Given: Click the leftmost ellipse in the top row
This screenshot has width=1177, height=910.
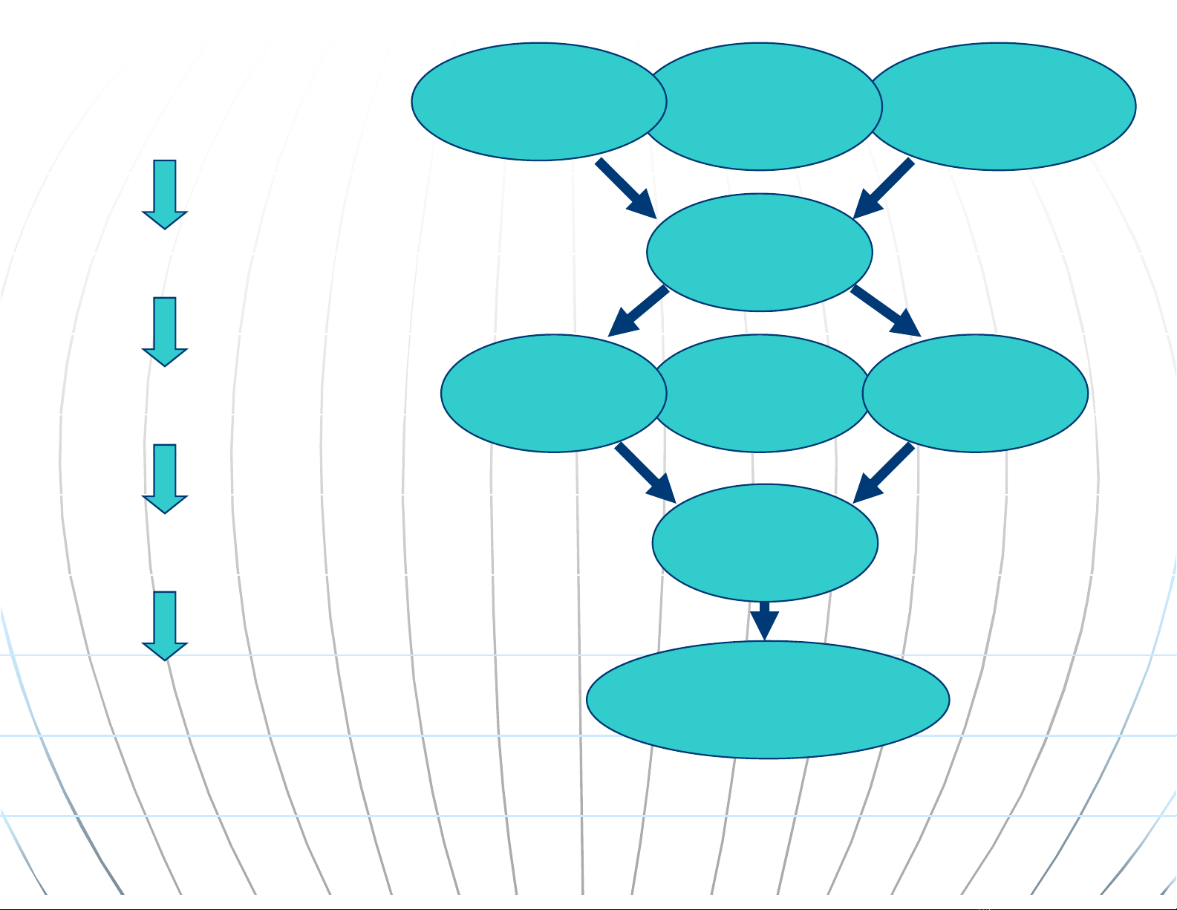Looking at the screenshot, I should click(x=538, y=102).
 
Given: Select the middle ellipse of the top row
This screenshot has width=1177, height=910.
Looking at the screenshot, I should click(x=765, y=106).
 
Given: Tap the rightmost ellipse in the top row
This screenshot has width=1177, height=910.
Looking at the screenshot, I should click(x=1002, y=106).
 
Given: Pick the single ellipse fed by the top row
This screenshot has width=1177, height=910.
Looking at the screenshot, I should click(x=760, y=252).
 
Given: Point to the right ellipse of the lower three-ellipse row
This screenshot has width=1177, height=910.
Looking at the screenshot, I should click(x=976, y=393).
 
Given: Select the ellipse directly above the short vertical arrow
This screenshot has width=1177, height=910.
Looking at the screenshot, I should click(x=765, y=542).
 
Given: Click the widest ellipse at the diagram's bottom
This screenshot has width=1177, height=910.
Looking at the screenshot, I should click(x=768, y=700).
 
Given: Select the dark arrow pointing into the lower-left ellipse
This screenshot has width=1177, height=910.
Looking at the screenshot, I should click(x=638, y=311).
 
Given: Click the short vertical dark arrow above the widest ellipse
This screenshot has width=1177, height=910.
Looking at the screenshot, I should click(x=764, y=621).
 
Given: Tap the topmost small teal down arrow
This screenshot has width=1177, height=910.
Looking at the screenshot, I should click(x=165, y=194).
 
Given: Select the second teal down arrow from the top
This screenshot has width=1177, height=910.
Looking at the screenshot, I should click(x=165, y=331).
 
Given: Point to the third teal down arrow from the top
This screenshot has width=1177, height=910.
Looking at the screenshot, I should click(x=165, y=478).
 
